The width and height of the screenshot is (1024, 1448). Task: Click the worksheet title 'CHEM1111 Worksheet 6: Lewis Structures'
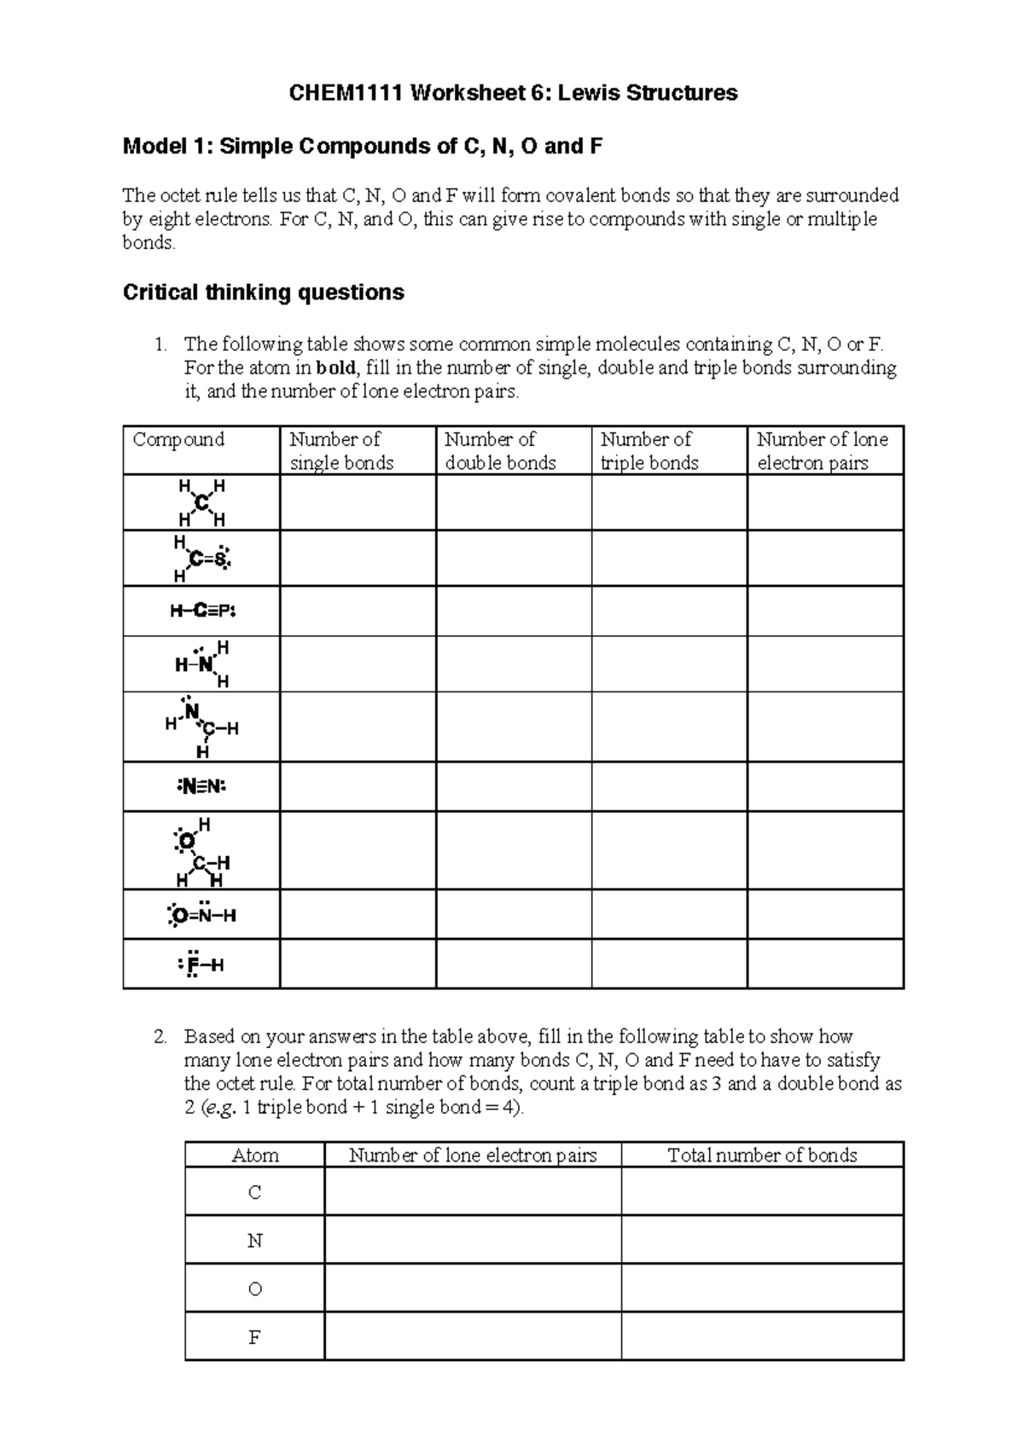(513, 93)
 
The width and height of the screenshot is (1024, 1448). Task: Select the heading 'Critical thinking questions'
(263, 292)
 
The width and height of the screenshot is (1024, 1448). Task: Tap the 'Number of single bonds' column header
(341, 451)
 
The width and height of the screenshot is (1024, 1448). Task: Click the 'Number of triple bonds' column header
(649, 451)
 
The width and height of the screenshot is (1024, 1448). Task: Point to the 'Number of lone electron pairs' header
(823, 451)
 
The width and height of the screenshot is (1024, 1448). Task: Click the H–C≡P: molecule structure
(201, 611)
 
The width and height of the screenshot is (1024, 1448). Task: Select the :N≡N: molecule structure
(201, 786)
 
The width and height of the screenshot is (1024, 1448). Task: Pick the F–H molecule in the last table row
(201, 964)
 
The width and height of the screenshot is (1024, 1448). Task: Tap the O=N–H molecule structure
(201, 915)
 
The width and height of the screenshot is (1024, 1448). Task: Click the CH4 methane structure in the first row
(201, 503)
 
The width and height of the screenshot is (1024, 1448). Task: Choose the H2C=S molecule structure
(201, 559)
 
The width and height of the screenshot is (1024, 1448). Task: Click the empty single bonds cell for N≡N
(358, 786)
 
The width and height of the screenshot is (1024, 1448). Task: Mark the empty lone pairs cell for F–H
(825, 964)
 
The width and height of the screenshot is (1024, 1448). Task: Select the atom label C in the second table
(254, 1192)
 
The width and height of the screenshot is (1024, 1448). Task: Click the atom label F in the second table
(254, 1336)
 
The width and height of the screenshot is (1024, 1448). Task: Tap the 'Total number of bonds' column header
(762, 1156)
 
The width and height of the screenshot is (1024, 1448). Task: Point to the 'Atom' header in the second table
(255, 1156)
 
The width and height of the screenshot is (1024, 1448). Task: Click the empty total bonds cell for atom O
(762, 1289)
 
